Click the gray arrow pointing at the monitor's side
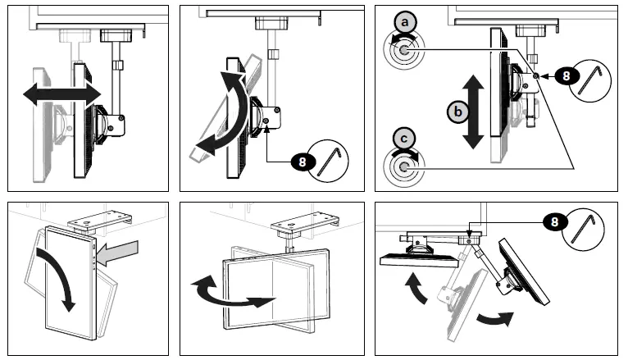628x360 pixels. [118, 245]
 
